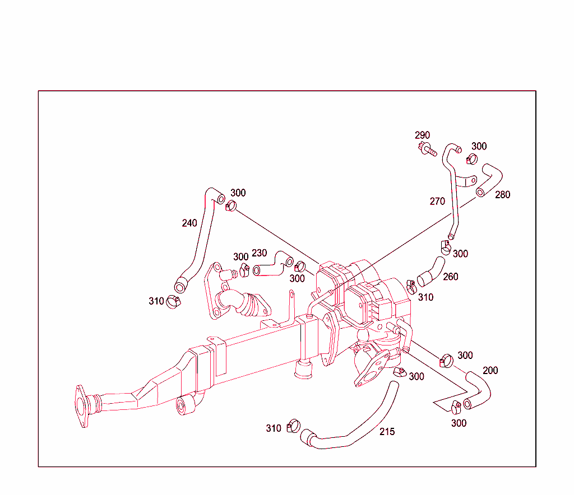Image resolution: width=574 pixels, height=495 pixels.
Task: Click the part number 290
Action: (x=422, y=135)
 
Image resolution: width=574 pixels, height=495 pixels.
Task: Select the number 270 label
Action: (x=437, y=202)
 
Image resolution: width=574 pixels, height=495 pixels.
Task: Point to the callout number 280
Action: (x=502, y=195)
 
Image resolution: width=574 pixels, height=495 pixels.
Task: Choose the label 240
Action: (x=189, y=223)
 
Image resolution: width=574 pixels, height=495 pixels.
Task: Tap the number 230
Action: (x=259, y=253)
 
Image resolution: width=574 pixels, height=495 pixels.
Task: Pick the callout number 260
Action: (x=450, y=277)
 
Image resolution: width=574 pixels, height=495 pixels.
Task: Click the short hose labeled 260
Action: (x=430, y=270)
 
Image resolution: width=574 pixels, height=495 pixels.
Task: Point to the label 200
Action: (x=490, y=370)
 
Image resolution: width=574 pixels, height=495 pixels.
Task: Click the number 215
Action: (x=387, y=432)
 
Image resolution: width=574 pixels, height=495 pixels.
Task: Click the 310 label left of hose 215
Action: (x=273, y=428)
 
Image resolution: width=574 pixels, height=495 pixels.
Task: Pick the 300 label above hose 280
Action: (x=479, y=146)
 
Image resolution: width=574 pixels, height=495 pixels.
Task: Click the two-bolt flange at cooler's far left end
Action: (x=82, y=405)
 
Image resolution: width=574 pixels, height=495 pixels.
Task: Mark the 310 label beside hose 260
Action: (x=425, y=297)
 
